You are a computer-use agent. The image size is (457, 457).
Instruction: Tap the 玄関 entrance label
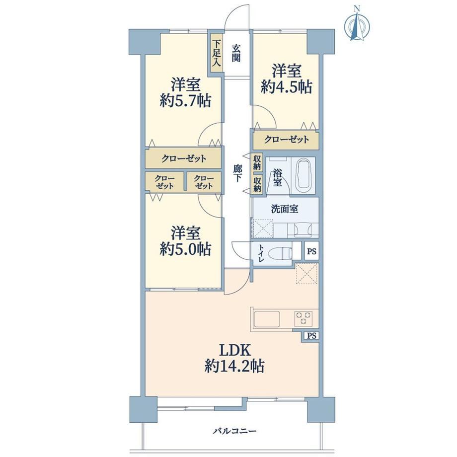pos(236,53)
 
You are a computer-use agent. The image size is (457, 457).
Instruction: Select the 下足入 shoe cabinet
pos(216,53)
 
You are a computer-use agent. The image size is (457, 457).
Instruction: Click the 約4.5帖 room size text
pos(287,87)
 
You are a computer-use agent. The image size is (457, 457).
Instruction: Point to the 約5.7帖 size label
pos(185,101)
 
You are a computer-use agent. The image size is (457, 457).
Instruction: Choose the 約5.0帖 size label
pos(185,249)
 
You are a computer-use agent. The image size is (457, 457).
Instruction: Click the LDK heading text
pos(235,350)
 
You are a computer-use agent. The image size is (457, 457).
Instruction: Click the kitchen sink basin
pos(267,319)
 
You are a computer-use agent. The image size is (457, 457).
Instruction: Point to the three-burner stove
pos(304,318)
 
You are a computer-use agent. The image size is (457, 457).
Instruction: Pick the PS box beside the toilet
pos(311,251)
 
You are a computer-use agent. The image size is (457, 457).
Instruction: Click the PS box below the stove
pos(311,335)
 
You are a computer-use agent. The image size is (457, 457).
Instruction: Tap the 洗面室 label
pos(285,209)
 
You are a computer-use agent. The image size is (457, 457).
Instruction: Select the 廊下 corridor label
pos(237,173)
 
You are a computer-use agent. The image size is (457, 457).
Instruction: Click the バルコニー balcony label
pos(234,431)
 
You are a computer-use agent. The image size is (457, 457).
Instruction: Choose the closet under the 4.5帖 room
pos(286,140)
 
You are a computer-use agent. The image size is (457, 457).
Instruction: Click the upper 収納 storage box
pos(257,162)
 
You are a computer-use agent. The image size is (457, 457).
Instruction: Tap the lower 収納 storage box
pos(257,184)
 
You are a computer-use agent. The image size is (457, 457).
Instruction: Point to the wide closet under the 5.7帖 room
pos(183,158)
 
